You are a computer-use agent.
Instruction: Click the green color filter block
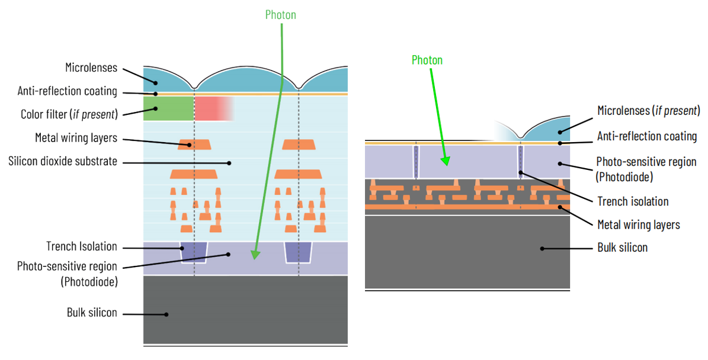168,108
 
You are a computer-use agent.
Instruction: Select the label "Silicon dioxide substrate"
62,161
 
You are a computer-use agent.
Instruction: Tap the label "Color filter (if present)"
68,113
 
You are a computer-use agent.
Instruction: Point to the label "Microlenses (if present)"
649,110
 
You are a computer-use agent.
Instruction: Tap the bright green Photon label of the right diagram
427,60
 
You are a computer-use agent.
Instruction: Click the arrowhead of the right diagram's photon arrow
446,160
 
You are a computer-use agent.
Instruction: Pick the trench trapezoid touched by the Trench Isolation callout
194,252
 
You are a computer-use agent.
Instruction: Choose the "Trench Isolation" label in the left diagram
82,246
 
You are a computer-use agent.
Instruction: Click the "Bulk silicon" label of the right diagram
623,247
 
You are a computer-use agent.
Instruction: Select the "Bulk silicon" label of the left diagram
92,313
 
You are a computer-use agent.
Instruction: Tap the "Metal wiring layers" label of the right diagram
639,224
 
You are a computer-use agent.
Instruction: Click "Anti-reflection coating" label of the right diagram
647,136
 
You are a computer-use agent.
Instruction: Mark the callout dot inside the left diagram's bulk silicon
166,314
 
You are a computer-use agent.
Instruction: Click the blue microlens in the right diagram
548,128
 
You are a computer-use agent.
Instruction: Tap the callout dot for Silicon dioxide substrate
230,162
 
